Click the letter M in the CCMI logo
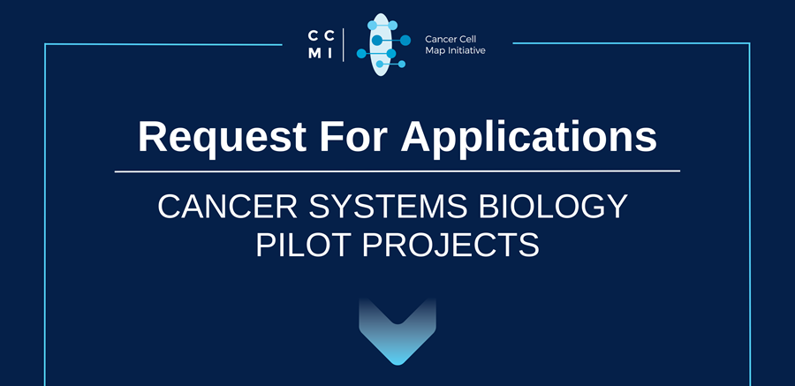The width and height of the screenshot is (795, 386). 314,54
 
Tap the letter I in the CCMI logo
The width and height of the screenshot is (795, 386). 329,54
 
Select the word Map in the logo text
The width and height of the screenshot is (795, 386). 434,50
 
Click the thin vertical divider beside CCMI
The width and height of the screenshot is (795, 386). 344,45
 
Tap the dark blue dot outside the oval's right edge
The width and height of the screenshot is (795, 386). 405,40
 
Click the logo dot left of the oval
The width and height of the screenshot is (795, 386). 361,53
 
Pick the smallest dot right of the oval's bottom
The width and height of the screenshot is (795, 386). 402,64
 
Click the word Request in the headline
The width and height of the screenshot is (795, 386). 222,137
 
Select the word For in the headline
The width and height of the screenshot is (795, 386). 352,136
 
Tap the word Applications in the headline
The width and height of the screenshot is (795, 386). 529,137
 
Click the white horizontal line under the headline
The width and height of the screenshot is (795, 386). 397,171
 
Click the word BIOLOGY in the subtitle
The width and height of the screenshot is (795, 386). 553,206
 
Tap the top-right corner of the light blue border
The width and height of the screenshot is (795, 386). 749,43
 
